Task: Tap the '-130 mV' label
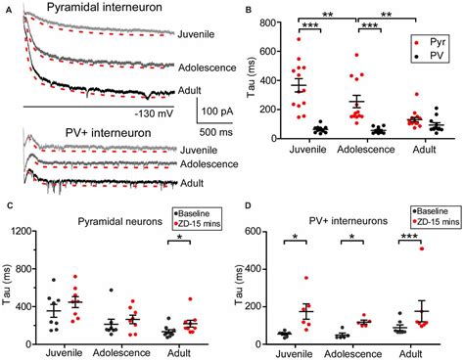point(152,113)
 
